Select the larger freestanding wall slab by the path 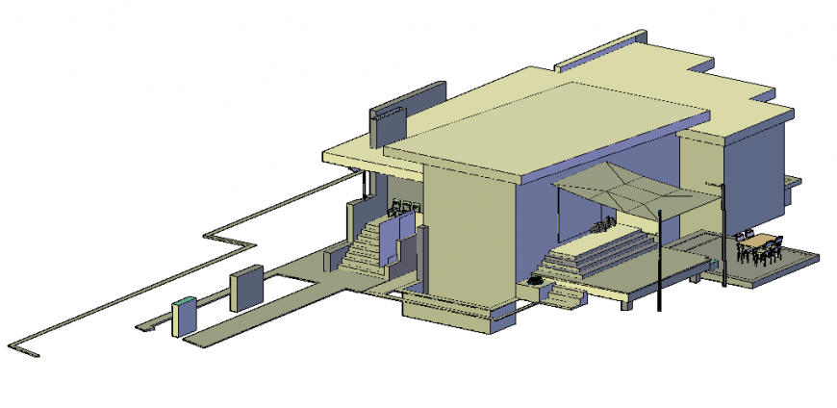click(246, 288)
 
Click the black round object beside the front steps click(535, 280)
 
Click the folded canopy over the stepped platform click(635, 190)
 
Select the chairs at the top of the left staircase click(404, 206)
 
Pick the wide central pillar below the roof click(467, 236)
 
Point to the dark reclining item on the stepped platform click(601, 227)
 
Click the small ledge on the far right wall click(794, 181)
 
